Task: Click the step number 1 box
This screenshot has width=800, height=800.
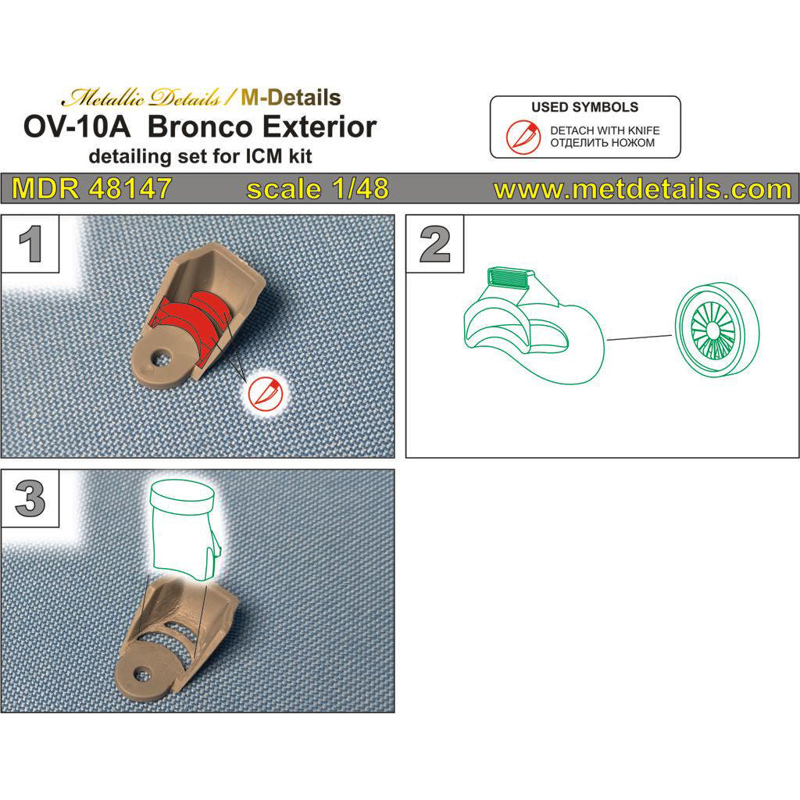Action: pos(30,244)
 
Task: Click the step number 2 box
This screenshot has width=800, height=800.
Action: pos(434,244)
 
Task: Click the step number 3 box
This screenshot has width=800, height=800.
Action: pos(30,498)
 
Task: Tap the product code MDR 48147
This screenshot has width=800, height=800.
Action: pos(92,189)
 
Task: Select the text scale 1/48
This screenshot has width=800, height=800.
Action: pos(317,189)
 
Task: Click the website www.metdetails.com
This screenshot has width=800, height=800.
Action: pos(642,189)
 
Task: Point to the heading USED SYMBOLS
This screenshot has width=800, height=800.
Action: pos(584,107)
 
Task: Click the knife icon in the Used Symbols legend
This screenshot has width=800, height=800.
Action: pos(523,137)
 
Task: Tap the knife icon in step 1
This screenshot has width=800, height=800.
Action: pos(266,394)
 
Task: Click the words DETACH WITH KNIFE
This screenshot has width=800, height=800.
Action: pos(605,130)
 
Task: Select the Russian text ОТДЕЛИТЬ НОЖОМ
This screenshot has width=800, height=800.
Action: pos(602,143)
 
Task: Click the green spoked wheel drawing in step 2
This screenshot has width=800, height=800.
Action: pos(717,330)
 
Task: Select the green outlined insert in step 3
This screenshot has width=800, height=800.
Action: pos(184,530)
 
